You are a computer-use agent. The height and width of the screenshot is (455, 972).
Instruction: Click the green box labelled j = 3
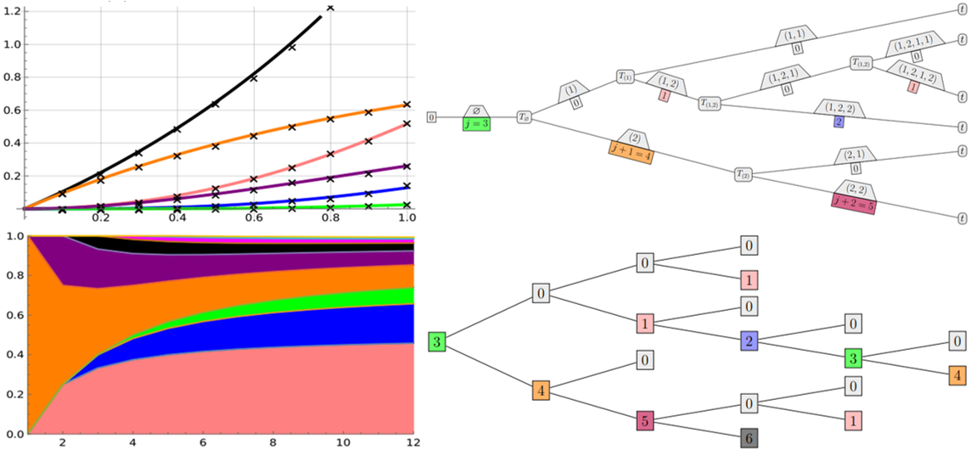(x=476, y=124)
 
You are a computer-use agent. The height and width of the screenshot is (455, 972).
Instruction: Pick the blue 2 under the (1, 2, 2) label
(x=839, y=122)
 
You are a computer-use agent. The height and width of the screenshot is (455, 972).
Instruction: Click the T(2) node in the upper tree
(x=743, y=174)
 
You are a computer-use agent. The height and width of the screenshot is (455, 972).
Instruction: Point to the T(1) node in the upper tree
(x=626, y=77)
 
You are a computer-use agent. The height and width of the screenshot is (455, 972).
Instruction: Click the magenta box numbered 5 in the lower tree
(x=647, y=420)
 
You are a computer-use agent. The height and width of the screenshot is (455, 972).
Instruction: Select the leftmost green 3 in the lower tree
(x=436, y=342)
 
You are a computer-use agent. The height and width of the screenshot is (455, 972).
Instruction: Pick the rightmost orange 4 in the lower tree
(x=957, y=375)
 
